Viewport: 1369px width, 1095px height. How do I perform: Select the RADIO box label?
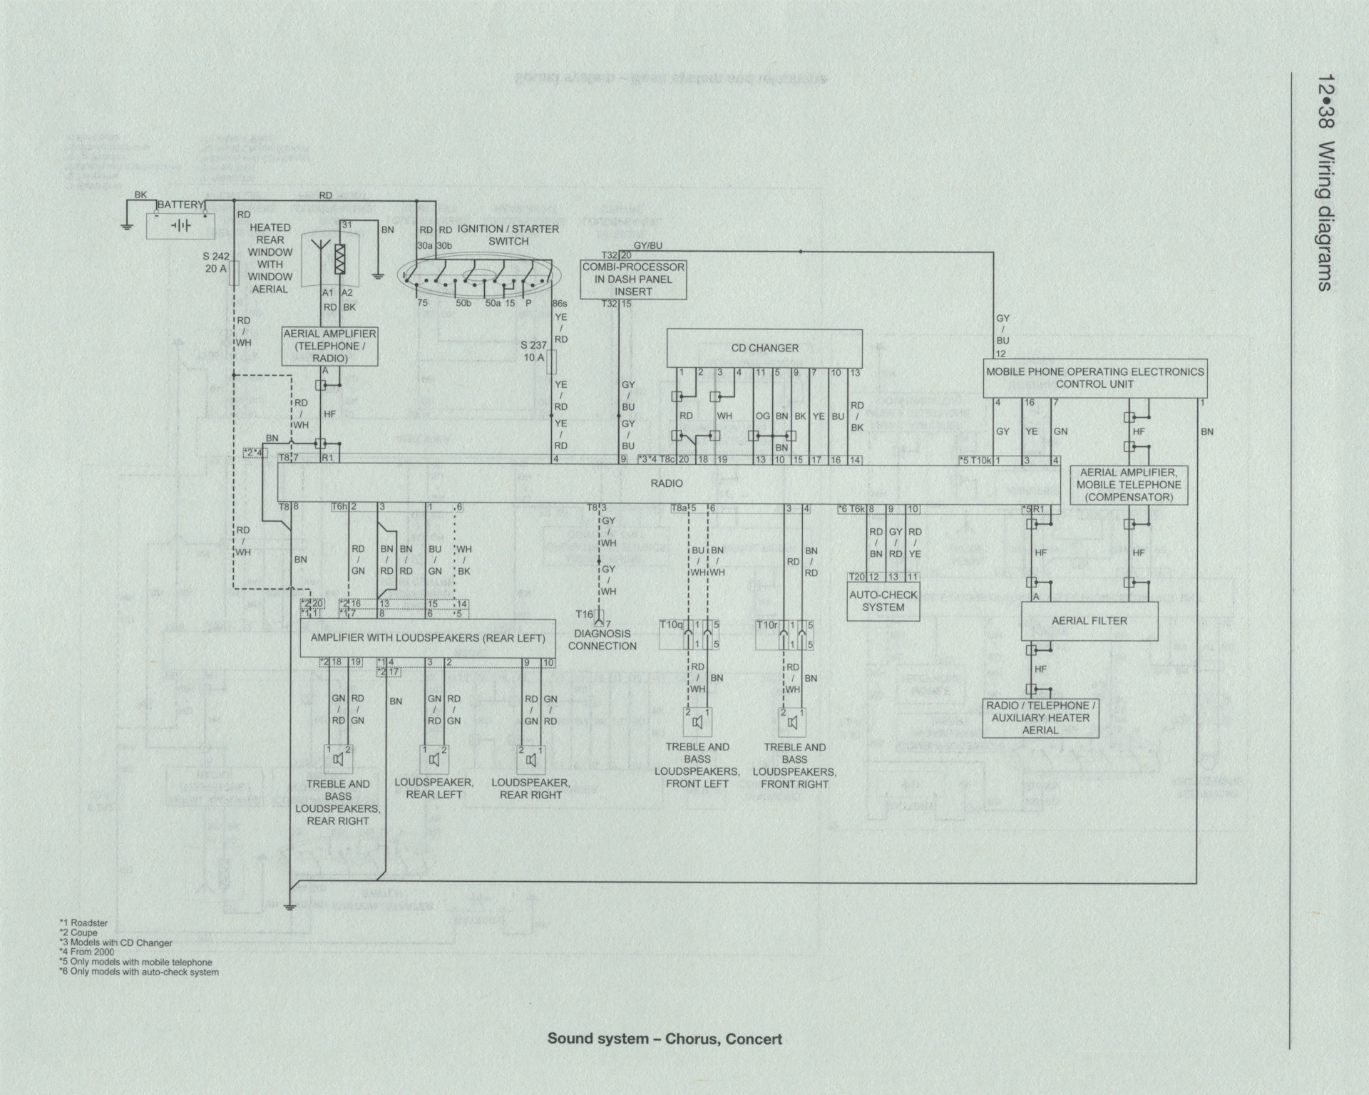click(x=667, y=483)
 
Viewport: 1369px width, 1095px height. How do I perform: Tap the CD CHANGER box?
click(x=764, y=348)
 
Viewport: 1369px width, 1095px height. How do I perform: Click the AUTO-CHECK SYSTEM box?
click(x=883, y=602)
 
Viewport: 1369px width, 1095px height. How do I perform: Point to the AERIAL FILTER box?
click(x=1089, y=621)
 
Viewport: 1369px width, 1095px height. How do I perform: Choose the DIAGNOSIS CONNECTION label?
click(x=602, y=639)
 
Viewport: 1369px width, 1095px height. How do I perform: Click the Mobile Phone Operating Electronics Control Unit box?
click(x=1094, y=378)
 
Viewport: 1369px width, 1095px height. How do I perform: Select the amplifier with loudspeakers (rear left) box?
click(x=427, y=638)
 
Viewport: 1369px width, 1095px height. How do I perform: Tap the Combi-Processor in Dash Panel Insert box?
click(x=633, y=279)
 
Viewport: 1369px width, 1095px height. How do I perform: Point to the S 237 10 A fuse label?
click(x=533, y=351)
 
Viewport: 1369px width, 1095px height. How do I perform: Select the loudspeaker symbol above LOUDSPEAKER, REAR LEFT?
click(x=434, y=760)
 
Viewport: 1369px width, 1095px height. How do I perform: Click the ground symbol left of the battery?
click(x=126, y=227)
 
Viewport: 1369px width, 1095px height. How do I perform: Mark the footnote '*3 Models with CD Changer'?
click(x=116, y=942)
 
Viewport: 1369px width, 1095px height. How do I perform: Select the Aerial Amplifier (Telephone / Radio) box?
click(x=329, y=346)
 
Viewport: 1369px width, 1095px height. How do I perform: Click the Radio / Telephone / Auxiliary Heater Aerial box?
click(x=1040, y=718)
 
